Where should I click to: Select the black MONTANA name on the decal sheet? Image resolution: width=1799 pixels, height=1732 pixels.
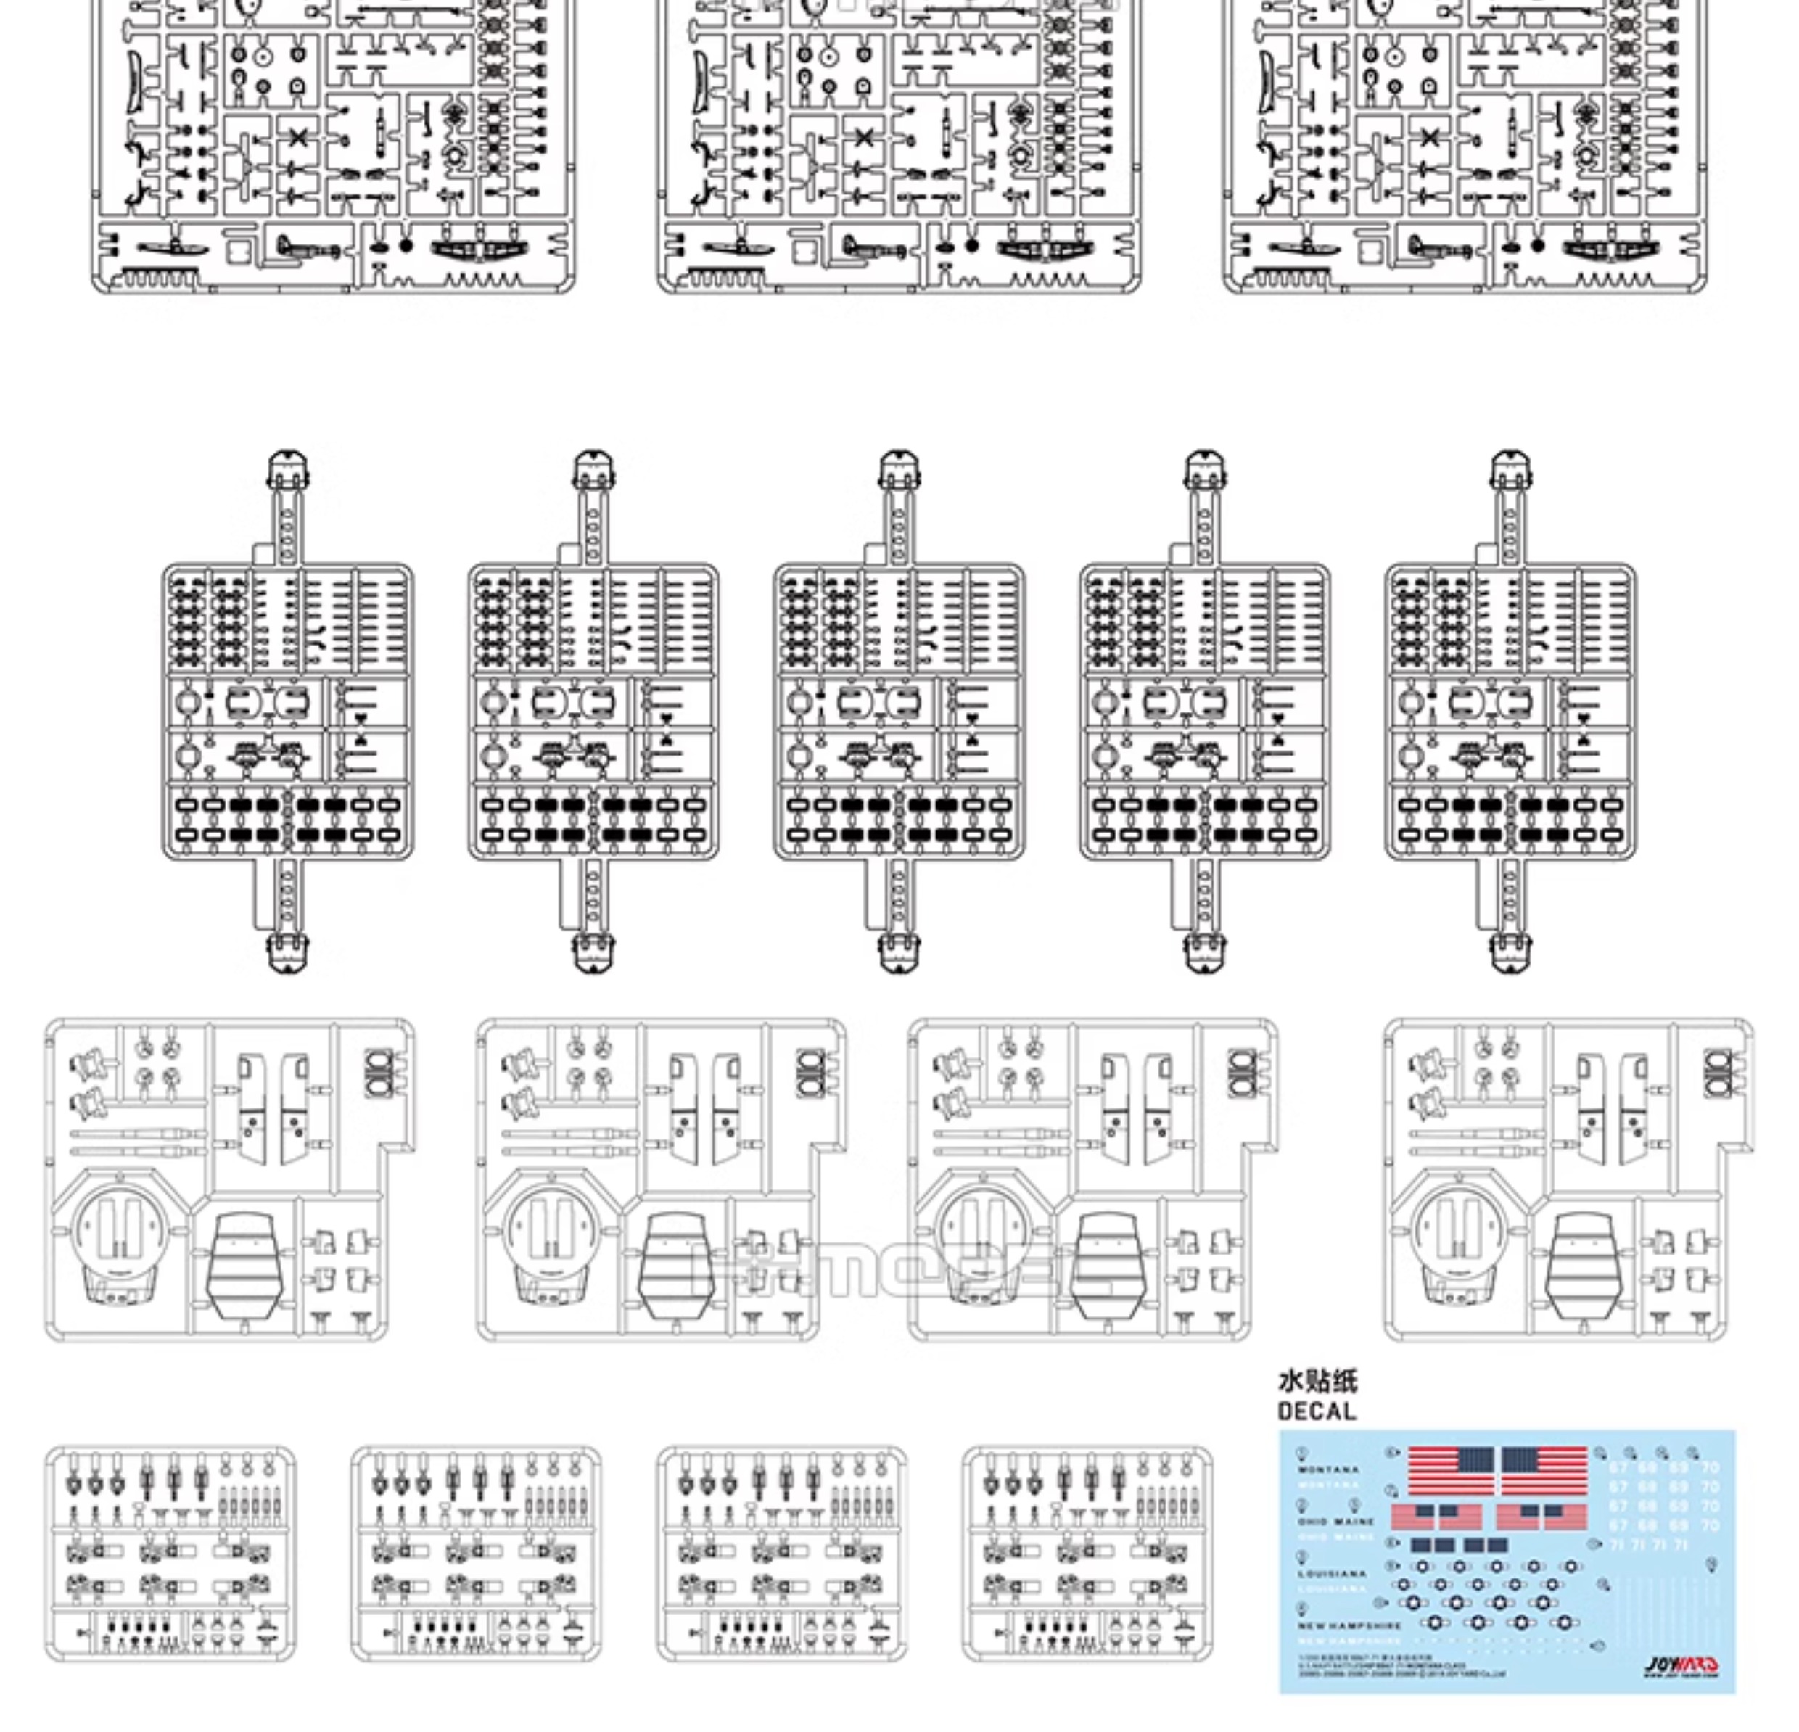(1328, 1469)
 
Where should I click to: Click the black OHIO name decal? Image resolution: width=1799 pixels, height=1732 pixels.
(1312, 1522)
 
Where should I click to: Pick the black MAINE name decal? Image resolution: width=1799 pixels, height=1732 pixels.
(1354, 1522)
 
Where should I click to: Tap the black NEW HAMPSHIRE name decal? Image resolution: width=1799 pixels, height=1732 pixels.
(1349, 1625)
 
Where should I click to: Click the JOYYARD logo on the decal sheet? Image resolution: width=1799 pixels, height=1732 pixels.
(1681, 1665)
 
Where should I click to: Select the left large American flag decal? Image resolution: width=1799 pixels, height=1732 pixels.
(1450, 1472)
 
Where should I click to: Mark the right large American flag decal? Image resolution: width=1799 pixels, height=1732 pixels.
(1545, 1472)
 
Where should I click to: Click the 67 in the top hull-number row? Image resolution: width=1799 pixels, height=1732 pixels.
(1618, 1468)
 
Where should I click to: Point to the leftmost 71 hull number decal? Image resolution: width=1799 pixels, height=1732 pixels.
(1617, 1546)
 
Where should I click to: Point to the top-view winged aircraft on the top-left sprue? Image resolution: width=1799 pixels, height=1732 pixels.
(477, 248)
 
